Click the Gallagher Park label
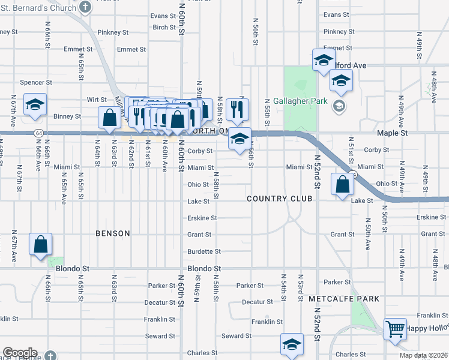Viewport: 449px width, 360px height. (x=300, y=101)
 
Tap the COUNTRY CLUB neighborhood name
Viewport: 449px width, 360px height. (x=279, y=198)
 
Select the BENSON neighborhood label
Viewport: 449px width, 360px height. (x=112, y=232)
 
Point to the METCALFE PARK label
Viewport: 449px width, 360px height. (x=344, y=298)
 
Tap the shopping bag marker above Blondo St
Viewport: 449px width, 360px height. (x=40, y=245)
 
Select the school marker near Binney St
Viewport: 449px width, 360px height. (x=35, y=104)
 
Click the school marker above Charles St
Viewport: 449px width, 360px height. (x=292, y=344)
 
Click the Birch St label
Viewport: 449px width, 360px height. (x=164, y=27)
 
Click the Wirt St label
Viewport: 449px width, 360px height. (x=96, y=100)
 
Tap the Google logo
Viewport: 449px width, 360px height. (x=19, y=353)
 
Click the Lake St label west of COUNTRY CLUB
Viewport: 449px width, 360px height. (x=198, y=202)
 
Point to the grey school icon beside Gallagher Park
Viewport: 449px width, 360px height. (x=339, y=106)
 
